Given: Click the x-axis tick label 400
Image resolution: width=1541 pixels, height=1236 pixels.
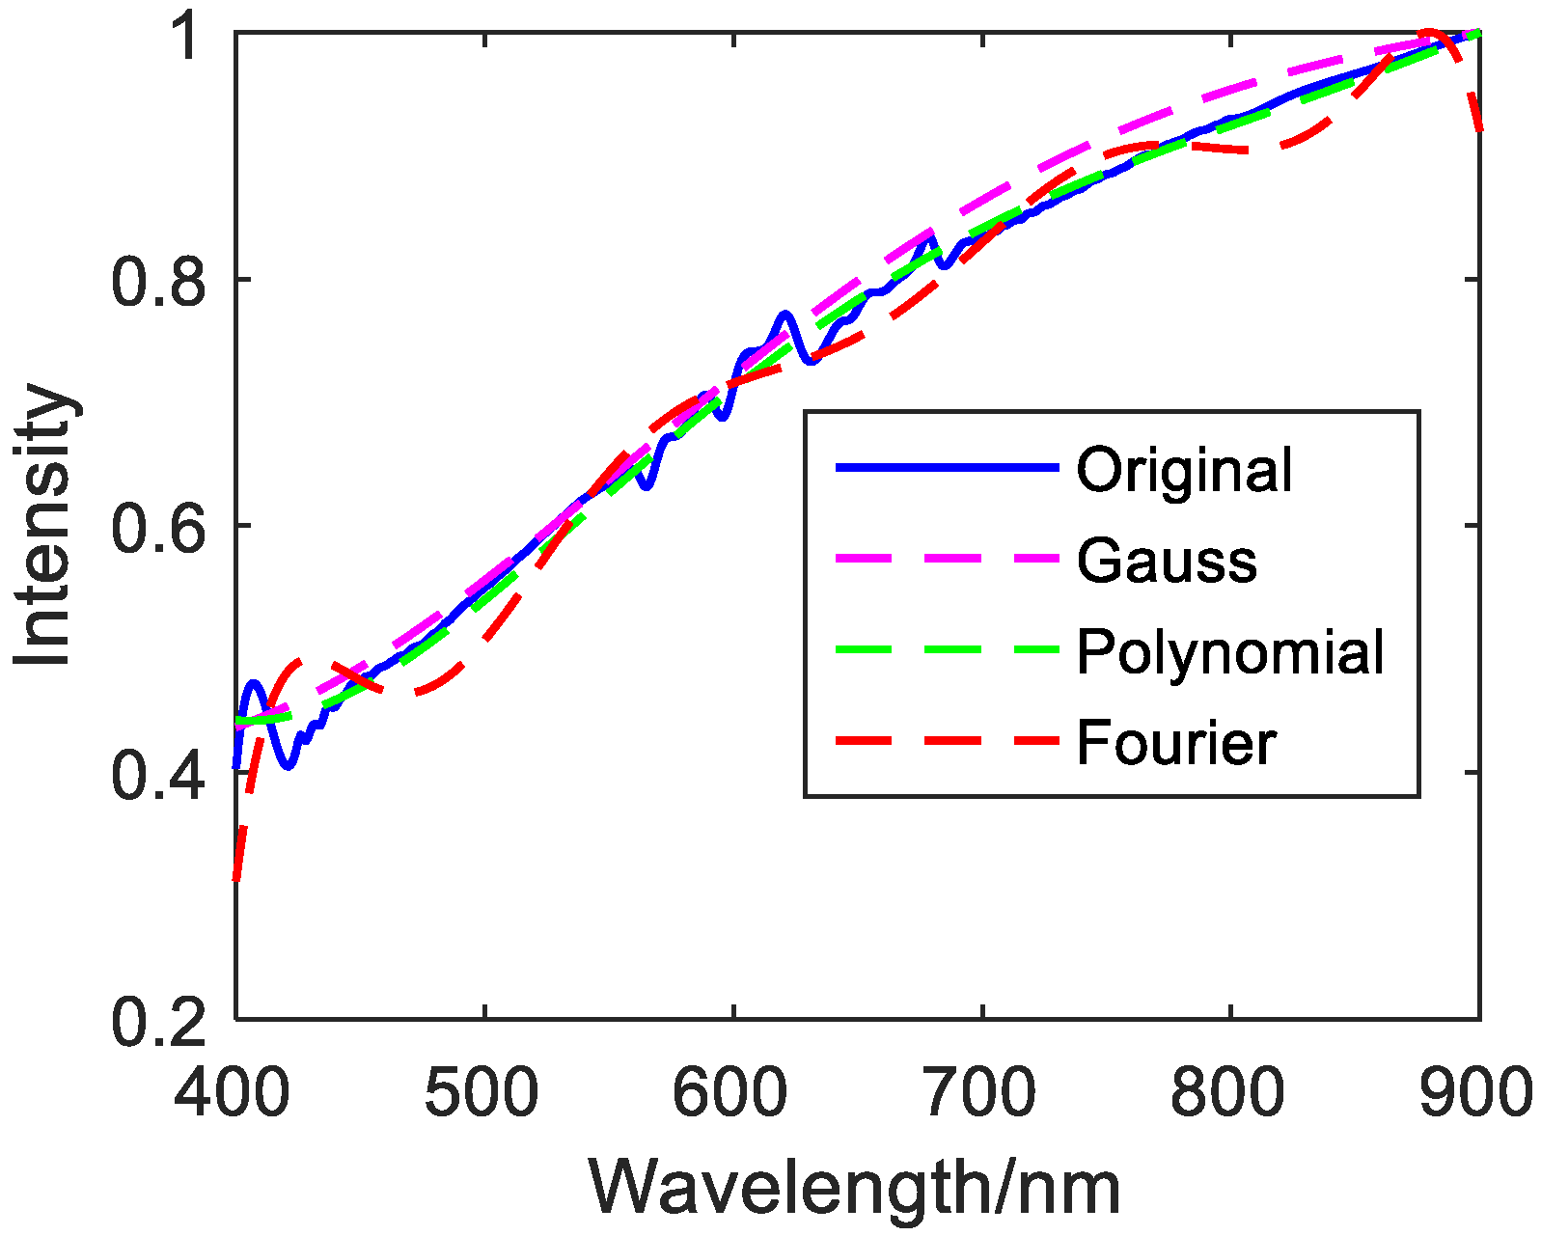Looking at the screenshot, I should (232, 1093).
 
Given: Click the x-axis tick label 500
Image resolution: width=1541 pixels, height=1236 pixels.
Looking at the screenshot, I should (483, 1093).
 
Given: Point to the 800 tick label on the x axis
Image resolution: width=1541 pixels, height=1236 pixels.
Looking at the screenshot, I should (1229, 1093).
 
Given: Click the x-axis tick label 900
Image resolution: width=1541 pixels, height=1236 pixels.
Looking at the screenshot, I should (1476, 1093).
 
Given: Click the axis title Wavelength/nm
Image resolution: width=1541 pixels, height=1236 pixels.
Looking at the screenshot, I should (855, 1188).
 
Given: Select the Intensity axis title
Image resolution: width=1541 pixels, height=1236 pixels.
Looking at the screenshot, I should (44, 526).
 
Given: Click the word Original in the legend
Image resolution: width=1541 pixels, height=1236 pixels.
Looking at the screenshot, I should (1184, 470).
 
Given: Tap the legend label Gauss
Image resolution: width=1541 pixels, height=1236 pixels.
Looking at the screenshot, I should (1167, 561).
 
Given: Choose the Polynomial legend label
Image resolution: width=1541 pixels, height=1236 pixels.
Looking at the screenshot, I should (1230, 651).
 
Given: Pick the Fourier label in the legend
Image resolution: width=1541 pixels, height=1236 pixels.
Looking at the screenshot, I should (1176, 743).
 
